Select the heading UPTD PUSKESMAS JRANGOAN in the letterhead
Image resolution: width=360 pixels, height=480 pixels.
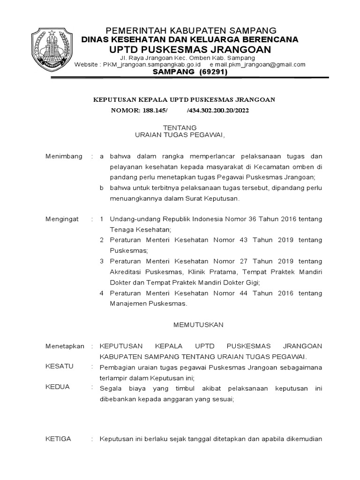[x=190, y=50]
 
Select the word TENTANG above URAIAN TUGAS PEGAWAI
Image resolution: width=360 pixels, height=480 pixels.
[x=180, y=127]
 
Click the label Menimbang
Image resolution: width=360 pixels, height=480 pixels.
[x=64, y=156]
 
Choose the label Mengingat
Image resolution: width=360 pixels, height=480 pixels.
[x=62, y=219]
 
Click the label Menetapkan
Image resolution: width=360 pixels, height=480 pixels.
[x=65, y=346]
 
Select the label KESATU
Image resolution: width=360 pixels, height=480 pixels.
[x=59, y=366]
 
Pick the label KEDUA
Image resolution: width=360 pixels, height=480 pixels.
[x=57, y=387]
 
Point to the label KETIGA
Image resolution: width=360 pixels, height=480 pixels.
[x=58, y=439]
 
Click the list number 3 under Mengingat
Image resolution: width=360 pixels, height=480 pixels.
[x=102, y=261]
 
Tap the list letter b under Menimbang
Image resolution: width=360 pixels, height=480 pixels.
[x=102, y=188]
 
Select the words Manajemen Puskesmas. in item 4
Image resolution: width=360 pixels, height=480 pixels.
[x=149, y=303]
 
